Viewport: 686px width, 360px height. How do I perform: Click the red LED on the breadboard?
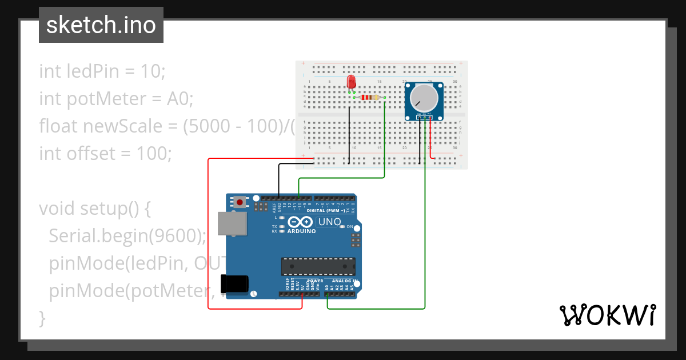click(351, 82)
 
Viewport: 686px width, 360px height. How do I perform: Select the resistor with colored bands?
click(370, 97)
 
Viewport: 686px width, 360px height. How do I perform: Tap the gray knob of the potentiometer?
click(424, 97)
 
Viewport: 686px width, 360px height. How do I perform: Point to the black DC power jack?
click(236, 284)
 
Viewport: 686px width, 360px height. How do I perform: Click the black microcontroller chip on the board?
click(317, 266)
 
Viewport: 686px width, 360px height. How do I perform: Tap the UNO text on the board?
click(329, 222)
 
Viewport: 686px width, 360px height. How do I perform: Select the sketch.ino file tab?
click(101, 25)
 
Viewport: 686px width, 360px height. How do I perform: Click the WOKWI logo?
click(607, 315)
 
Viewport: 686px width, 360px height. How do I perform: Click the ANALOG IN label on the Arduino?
click(345, 281)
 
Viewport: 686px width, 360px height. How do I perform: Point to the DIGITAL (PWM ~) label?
click(328, 211)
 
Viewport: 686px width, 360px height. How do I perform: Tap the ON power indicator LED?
click(342, 227)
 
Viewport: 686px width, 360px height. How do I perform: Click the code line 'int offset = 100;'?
click(105, 153)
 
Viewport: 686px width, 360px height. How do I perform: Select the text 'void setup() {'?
click(94, 208)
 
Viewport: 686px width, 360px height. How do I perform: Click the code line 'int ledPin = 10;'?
click(102, 71)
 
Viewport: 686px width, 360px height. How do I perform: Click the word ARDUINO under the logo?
click(301, 231)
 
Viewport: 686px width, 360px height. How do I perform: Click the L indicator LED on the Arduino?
click(282, 218)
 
